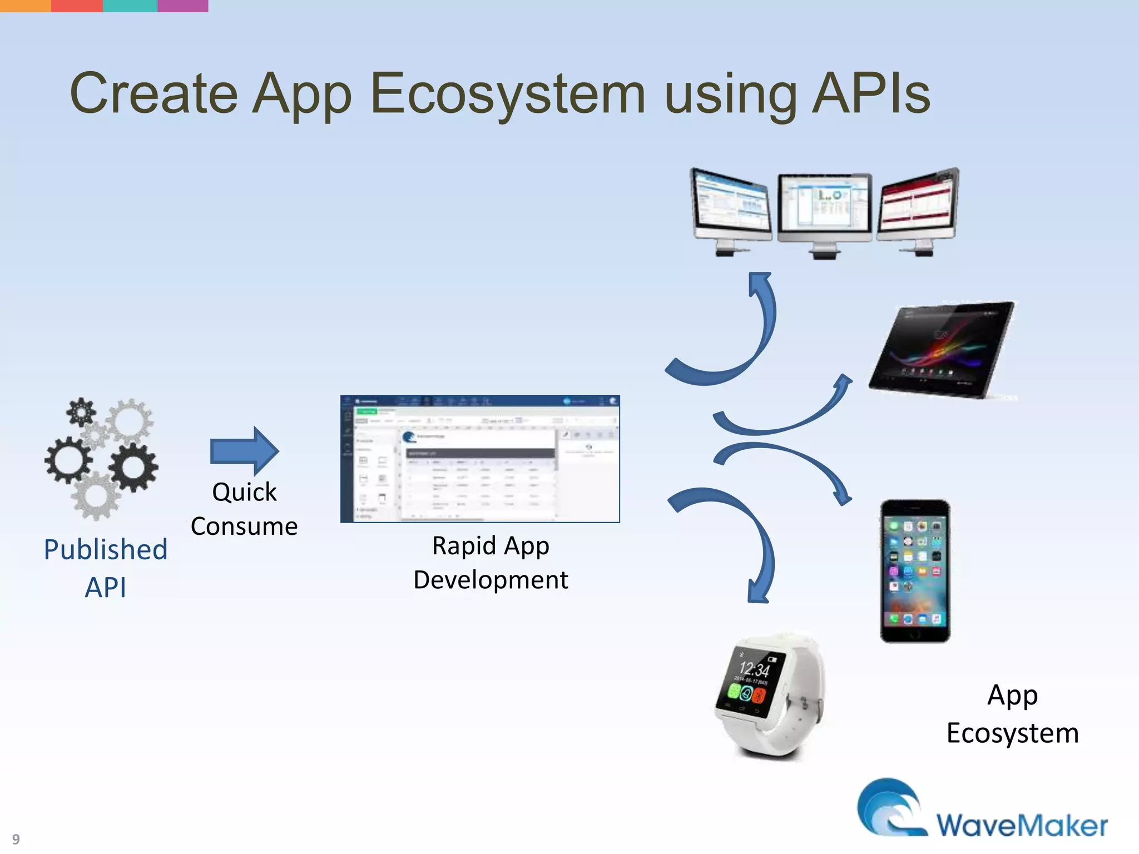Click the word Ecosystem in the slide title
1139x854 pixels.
(x=507, y=93)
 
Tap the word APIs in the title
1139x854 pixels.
(x=870, y=93)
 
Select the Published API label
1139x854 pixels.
(x=106, y=568)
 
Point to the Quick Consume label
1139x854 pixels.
(x=244, y=509)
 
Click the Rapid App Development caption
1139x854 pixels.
(x=491, y=563)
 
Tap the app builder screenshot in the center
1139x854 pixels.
(x=480, y=459)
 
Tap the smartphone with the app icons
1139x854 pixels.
(x=915, y=571)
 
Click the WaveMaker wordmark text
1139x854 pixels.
(x=1022, y=825)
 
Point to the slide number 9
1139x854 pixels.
(x=16, y=838)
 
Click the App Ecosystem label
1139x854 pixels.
(x=1012, y=714)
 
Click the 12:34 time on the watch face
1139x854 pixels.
(x=755, y=668)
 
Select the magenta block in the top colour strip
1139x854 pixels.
(x=183, y=6)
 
